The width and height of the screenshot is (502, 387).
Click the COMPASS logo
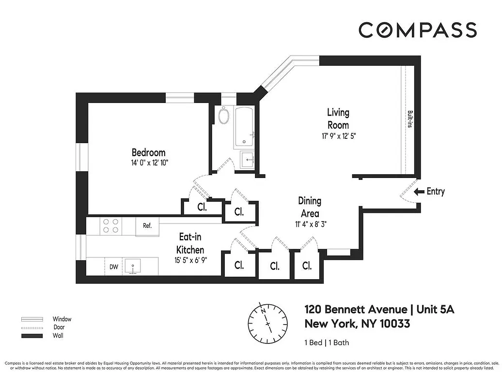click(417, 30)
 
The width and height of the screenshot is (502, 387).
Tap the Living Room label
click(338, 119)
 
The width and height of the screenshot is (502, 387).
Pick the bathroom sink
click(247, 159)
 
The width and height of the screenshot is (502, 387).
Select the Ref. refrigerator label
click(147, 225)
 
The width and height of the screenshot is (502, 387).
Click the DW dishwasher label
click(113, 266)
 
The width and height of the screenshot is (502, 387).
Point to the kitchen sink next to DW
click(132, 266)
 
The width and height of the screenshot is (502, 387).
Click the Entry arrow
click(418, 192)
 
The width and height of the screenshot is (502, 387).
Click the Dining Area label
click(309, 207)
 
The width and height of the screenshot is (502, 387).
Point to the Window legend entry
click(62, 319)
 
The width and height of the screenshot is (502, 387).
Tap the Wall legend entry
click(58, 335)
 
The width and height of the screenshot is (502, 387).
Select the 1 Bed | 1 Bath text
click(327, 343)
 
